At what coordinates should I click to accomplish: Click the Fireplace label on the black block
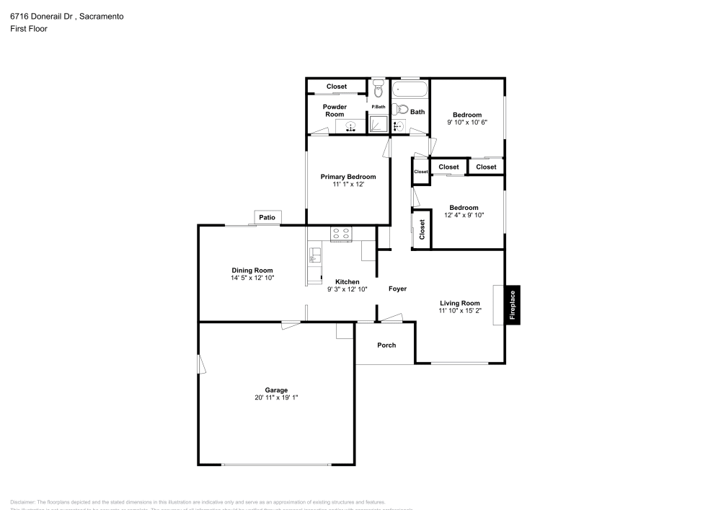coord(513,304)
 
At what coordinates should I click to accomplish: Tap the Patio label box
coord(267,217)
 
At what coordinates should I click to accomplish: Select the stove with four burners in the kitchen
coord(341,233)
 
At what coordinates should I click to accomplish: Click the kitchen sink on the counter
coord(314,254)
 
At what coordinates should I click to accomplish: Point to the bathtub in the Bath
coord(410,91)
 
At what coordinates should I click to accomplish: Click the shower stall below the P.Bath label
coord(379,124)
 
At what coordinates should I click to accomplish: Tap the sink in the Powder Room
coord(350,127)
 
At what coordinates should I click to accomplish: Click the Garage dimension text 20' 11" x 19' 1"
coord(276,397)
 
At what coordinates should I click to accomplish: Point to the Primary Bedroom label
coord(348,177)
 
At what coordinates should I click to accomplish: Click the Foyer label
coord(397,289)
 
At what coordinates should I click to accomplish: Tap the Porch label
coord(386,345)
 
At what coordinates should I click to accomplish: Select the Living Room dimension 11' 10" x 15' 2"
coord(460,311)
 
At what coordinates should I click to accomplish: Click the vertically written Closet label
coord(422,229)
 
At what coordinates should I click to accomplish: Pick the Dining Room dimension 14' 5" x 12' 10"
coord(252,278)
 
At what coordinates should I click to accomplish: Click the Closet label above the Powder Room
coord(337,87)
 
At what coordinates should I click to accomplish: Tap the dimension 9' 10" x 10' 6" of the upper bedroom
coord(467,123)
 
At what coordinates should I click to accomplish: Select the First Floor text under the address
coord(29,29)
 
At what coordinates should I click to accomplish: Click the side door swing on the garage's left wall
coord(203,364)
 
